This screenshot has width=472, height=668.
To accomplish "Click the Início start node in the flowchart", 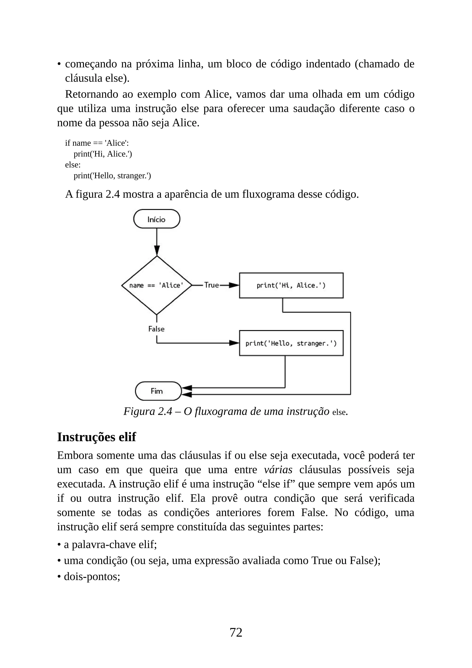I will click(157, 219).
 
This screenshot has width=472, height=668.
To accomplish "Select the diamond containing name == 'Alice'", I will click(157, 285).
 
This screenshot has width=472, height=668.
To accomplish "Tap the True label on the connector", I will click(211, 285).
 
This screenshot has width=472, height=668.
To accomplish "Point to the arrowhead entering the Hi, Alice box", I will click(234, 285).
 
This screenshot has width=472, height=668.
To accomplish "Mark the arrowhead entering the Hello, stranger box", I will click(234, 343).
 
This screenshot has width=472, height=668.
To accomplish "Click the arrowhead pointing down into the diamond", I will click(157, 250).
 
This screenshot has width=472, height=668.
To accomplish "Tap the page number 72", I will click(236, 632).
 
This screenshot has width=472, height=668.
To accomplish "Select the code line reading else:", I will click(73, 165).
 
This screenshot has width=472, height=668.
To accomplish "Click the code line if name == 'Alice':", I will click(97, 143).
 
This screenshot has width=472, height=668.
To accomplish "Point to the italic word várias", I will click(278, 470).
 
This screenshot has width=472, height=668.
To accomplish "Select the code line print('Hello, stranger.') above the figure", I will click(112, 176).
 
